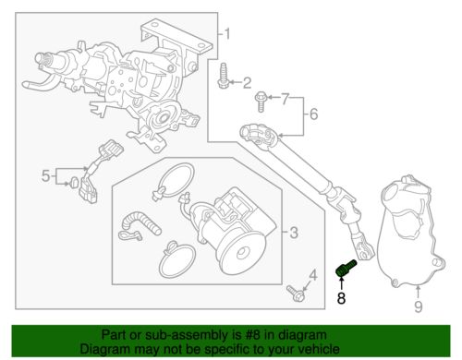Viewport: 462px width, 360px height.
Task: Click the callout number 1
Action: pos(226,34)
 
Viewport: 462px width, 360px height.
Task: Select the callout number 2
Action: pos(247,83)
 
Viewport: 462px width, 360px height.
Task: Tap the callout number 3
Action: pos(294,233)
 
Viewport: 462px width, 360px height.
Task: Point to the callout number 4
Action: pos(313,275)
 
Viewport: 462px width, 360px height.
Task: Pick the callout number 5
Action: pos(45,176)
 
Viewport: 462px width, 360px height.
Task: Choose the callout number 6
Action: pos(313,114)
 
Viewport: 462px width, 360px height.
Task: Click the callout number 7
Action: pos(286,100)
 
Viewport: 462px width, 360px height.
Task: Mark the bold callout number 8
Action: pos(341,298)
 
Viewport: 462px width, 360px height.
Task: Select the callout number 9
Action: pos(418,306)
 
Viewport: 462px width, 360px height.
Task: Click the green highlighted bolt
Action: pos(346,269)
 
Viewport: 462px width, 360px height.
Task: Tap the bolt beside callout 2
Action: pos(223,76)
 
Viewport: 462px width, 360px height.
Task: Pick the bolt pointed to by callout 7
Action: pos(261,102)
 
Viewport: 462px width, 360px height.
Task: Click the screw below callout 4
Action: pos(296,294)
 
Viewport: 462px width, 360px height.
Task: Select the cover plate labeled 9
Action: pos(412,233)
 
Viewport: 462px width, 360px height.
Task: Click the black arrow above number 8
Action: pos(341,283)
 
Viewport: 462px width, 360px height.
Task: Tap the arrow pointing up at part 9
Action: pos(418,293)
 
